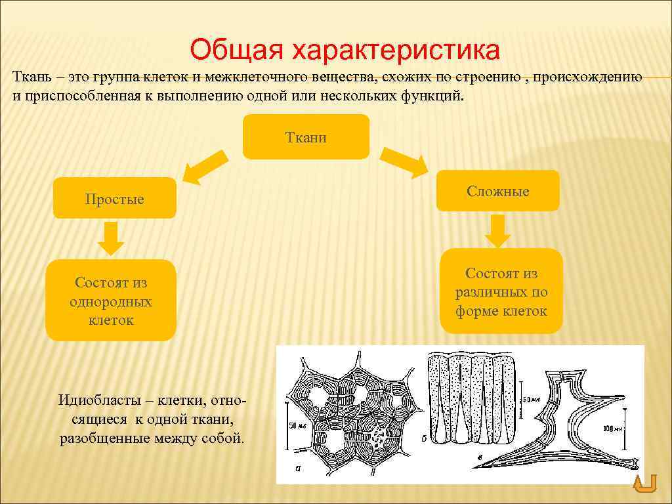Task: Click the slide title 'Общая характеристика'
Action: point(345,49)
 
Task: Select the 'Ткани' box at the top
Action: point(306,137)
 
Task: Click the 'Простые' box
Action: point(114,199)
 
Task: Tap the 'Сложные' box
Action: point(498,191)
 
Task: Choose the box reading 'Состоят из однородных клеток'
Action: point(110,301)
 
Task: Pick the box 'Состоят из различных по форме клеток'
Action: point(501,292)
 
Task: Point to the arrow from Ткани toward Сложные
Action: point(405,162)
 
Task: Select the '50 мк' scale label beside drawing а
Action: point(298,425)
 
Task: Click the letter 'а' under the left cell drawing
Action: point(299,469)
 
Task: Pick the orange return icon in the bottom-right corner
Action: point(645,484)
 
